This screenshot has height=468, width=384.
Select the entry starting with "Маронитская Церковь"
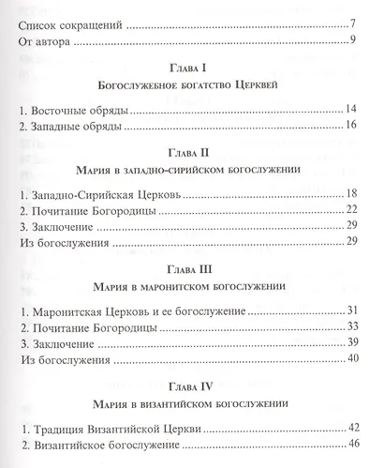pos(123,310)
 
